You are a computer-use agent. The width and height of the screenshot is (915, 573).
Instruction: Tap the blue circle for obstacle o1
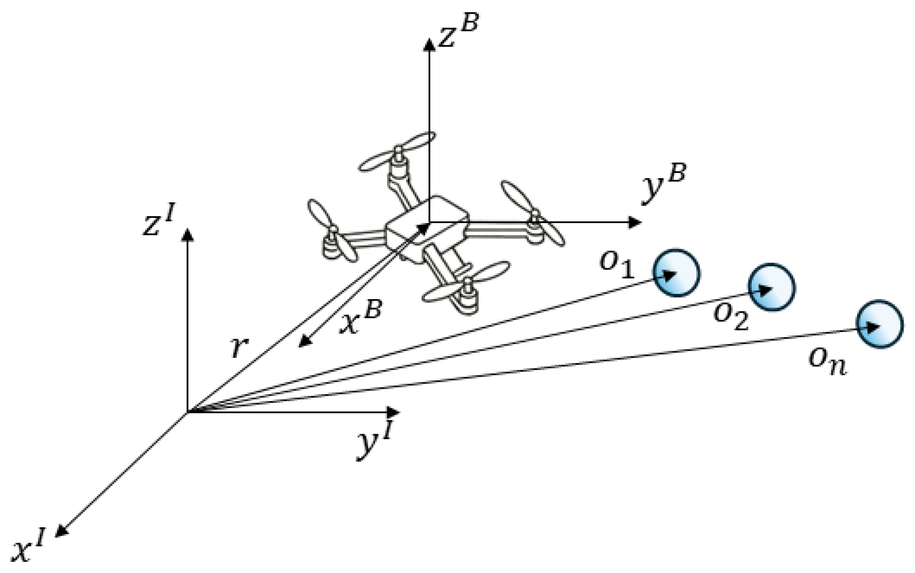[676, 273]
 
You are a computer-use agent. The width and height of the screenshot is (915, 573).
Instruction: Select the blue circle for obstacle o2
[771, 287]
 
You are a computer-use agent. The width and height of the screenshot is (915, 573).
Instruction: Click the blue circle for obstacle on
[879, 324]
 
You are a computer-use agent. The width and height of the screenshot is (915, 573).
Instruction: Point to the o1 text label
[617, 266]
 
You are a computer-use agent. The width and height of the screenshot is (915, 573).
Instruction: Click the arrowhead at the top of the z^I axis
[187, 234]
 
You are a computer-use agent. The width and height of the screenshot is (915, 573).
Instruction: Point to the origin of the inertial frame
[187, 412]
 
